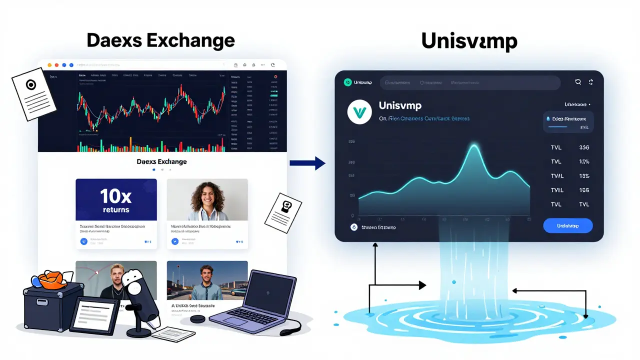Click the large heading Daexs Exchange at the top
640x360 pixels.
pos(160,40)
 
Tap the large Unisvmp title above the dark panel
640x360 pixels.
pos(469,41)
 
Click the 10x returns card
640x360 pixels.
pos(116,200)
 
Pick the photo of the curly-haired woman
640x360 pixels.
pos(207,200)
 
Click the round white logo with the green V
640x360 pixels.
pos(360,111)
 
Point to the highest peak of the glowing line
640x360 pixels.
pos(474,145)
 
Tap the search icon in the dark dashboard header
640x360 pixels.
pos(578,82)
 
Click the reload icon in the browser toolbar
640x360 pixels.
pos(272,65)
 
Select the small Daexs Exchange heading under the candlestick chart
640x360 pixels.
pos(161,161)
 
